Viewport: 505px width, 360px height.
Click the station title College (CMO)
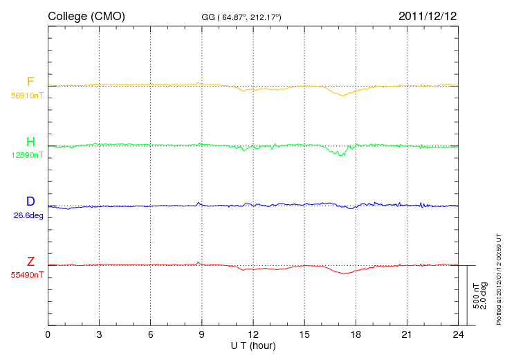tap(86, 16)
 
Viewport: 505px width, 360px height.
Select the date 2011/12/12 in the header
tap(428, 16)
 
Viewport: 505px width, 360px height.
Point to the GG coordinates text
tap(241, 17)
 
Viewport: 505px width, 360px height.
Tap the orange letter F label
tap(30, 82)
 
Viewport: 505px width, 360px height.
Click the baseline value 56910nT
tap(27, 96)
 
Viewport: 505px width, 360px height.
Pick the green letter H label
tap(30, 141)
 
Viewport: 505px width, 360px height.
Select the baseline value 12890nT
tap(27, 155)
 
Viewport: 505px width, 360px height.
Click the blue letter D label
tap(30, 201)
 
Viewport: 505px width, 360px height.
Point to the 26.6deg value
tap(28, 215)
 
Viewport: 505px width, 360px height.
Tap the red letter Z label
tap(30, 261)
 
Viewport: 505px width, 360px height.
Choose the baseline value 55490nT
tap(27, 276)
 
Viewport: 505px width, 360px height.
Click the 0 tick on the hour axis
tap(48, 334)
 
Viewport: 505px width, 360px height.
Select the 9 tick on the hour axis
tap(201, 334)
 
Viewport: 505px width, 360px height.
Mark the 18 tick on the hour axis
tap(356, 334)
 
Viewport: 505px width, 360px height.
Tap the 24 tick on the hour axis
tap(458, 334)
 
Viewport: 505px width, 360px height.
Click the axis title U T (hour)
tap(253, 346)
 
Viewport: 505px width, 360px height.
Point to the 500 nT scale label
tap(476, 296)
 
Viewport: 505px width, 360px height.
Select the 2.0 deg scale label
tap(484, 296)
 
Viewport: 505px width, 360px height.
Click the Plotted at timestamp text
tap(499, 279)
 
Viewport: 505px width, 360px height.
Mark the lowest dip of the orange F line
tap(343, 96)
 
